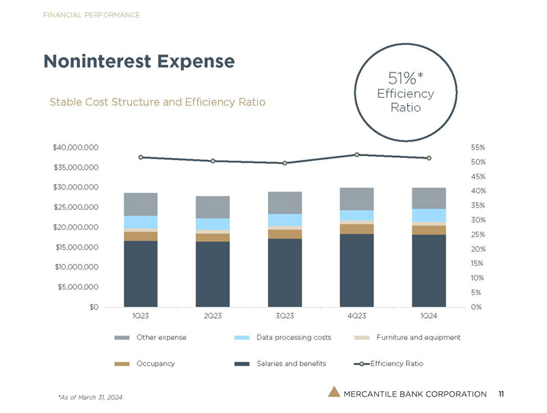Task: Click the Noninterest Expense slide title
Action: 139,62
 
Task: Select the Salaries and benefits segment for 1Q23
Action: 140,274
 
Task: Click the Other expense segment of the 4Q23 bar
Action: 357,198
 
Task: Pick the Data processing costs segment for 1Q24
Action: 429,215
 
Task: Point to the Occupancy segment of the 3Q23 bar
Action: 284,234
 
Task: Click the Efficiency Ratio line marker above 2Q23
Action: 213,161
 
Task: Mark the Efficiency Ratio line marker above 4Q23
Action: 357,155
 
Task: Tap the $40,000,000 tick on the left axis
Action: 75,147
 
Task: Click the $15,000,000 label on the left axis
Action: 75,247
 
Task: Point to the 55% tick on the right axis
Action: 478,147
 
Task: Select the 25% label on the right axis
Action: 478,235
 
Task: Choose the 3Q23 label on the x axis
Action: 284,316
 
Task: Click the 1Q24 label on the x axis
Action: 429,316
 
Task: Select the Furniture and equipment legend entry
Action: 418,338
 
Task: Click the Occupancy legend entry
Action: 155,363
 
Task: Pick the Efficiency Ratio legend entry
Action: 397,363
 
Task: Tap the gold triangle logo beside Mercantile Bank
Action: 333,392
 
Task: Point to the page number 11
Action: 501,393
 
